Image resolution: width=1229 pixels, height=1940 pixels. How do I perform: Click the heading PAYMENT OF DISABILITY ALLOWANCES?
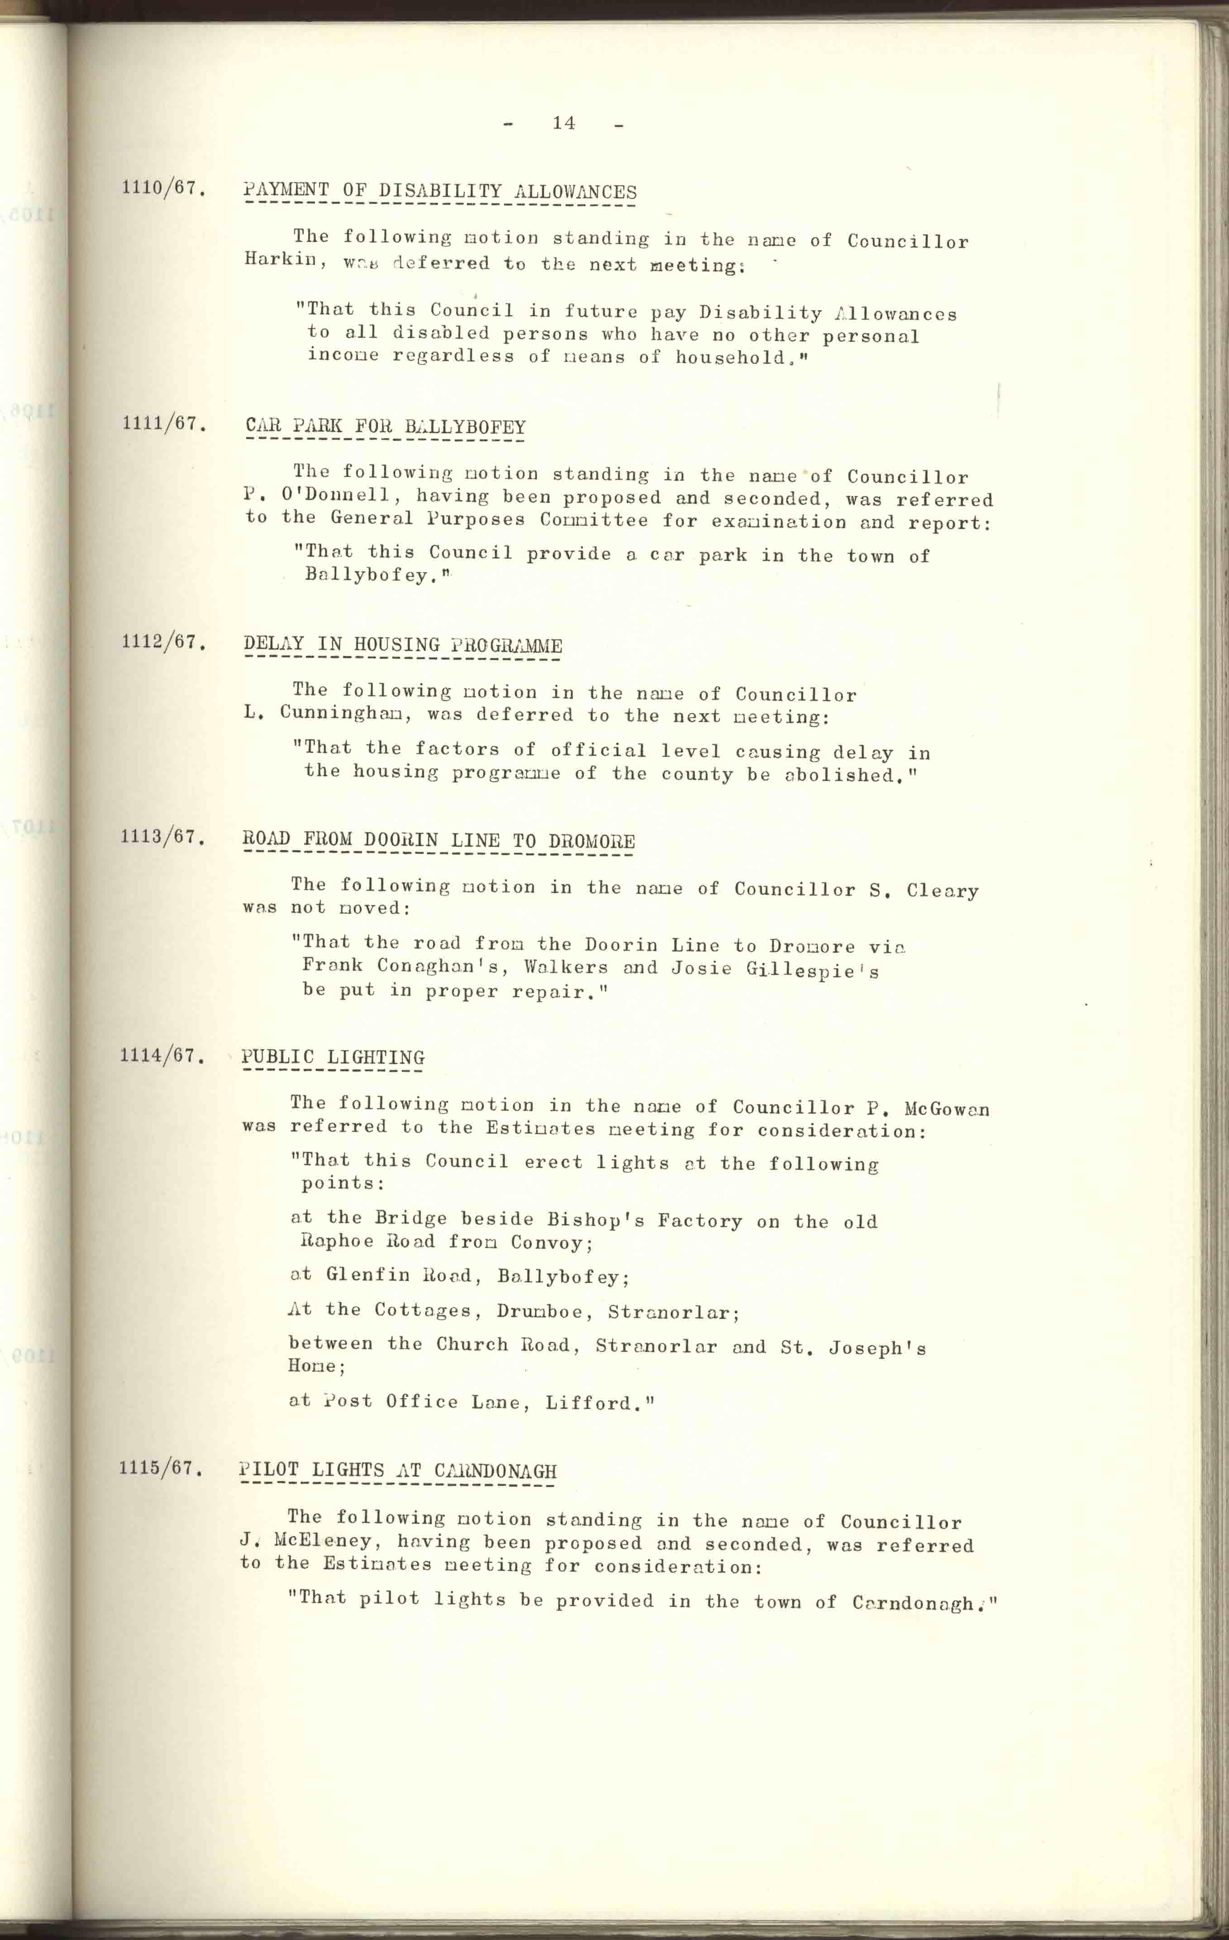[440, 192]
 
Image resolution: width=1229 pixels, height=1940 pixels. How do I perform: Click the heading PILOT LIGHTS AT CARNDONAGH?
[398, 1470]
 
